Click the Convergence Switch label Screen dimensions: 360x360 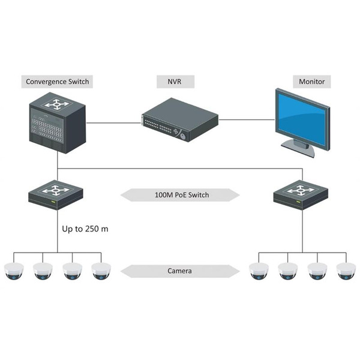tap(58, 80)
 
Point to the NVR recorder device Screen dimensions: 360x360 tap(179, 123)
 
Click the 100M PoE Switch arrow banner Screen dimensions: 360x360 tap(180, 195)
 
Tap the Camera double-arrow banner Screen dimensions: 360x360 tap(180, 271)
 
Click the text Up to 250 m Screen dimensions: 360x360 tap(85, 229)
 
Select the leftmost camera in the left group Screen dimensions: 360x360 tap(13, 271)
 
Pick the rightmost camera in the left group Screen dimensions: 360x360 tap(101, 271)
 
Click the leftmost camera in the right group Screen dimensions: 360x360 tap(259, 271)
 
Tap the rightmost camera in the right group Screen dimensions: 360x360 tap(346, 271)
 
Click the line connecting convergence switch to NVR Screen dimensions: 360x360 tap(114, 123)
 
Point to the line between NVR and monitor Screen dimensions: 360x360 tap(246, 123)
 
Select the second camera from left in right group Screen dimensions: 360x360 tap(288, 271)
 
